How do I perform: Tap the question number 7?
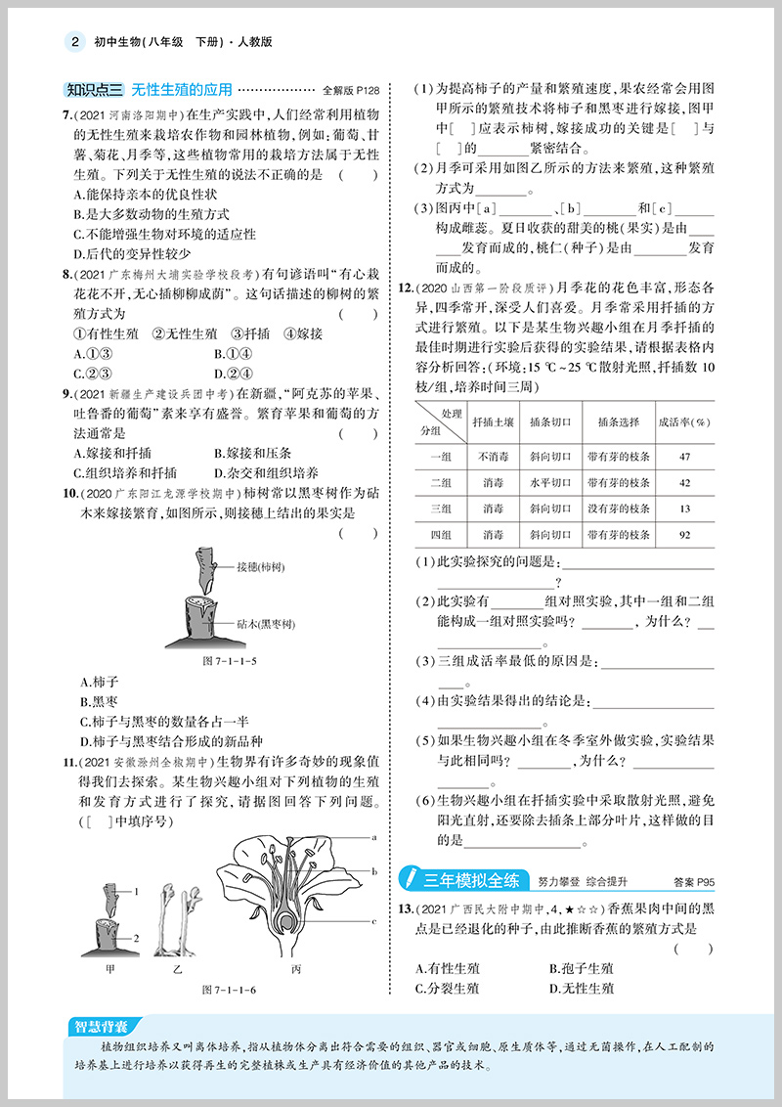[65, 115]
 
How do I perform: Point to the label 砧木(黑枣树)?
[266, 623]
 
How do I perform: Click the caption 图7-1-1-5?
[229, 660]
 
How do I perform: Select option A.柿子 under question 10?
[99, 682]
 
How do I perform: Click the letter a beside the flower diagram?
[373, 837]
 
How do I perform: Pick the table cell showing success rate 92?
[684, 534]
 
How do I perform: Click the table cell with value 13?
[684, 509]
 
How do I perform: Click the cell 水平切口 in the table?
[549, 482]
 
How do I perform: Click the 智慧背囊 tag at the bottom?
[101, 1026]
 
